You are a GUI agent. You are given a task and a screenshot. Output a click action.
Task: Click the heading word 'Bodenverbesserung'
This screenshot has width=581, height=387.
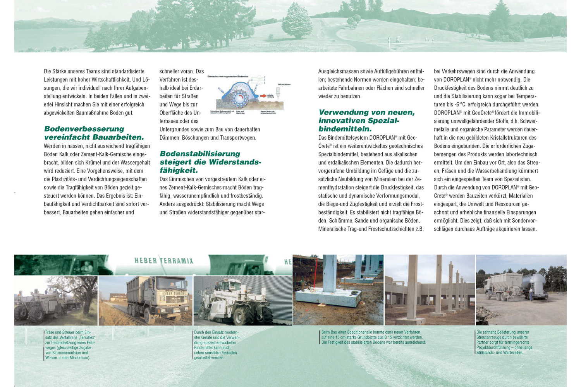coord(84,129)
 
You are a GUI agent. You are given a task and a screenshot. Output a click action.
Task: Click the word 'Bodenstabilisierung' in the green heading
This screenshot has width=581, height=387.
coord(200,154)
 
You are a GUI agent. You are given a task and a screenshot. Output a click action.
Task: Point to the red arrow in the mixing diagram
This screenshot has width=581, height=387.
coord(263,96)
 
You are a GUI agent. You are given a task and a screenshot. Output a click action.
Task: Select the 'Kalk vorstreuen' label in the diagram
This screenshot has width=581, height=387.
coord(284,84)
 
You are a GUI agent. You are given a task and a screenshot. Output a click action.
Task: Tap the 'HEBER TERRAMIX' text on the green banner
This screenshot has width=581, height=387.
coord(163,261)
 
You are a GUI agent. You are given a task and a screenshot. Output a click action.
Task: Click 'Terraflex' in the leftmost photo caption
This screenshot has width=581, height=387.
coord(87,337)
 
